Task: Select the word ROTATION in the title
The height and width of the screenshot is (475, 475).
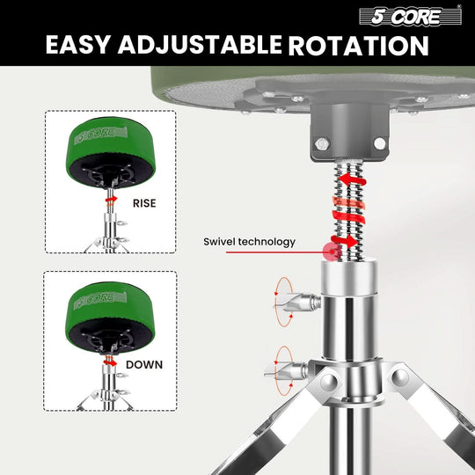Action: coord(360,46)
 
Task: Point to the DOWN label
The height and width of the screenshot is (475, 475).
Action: coord(144,362)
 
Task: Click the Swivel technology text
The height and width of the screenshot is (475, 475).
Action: coord(250,241)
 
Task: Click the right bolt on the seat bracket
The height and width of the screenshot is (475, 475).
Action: coord(379,142)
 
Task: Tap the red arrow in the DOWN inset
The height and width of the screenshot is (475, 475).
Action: coord(109,360)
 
